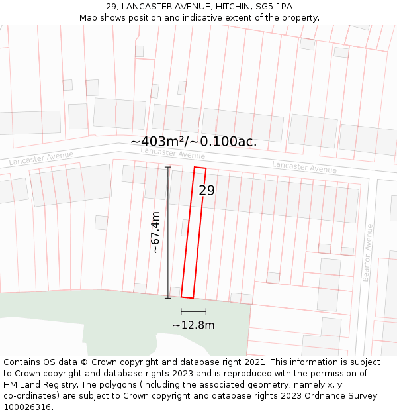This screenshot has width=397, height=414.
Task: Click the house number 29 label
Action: [207, 191]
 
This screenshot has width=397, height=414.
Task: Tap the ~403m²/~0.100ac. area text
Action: [193, 141]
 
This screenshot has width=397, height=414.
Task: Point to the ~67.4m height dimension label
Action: [155, 233]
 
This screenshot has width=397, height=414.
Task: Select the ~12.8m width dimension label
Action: [193, 325]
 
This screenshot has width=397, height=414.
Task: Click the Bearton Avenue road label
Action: [369, 252]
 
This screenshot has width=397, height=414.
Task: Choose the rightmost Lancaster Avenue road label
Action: [304, 166]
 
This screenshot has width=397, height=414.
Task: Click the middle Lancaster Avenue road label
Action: [173, 153]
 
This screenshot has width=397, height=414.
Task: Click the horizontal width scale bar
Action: [193, 311]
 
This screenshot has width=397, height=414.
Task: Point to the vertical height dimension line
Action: [168, 233]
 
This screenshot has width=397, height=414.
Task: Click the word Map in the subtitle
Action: [89, 17]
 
